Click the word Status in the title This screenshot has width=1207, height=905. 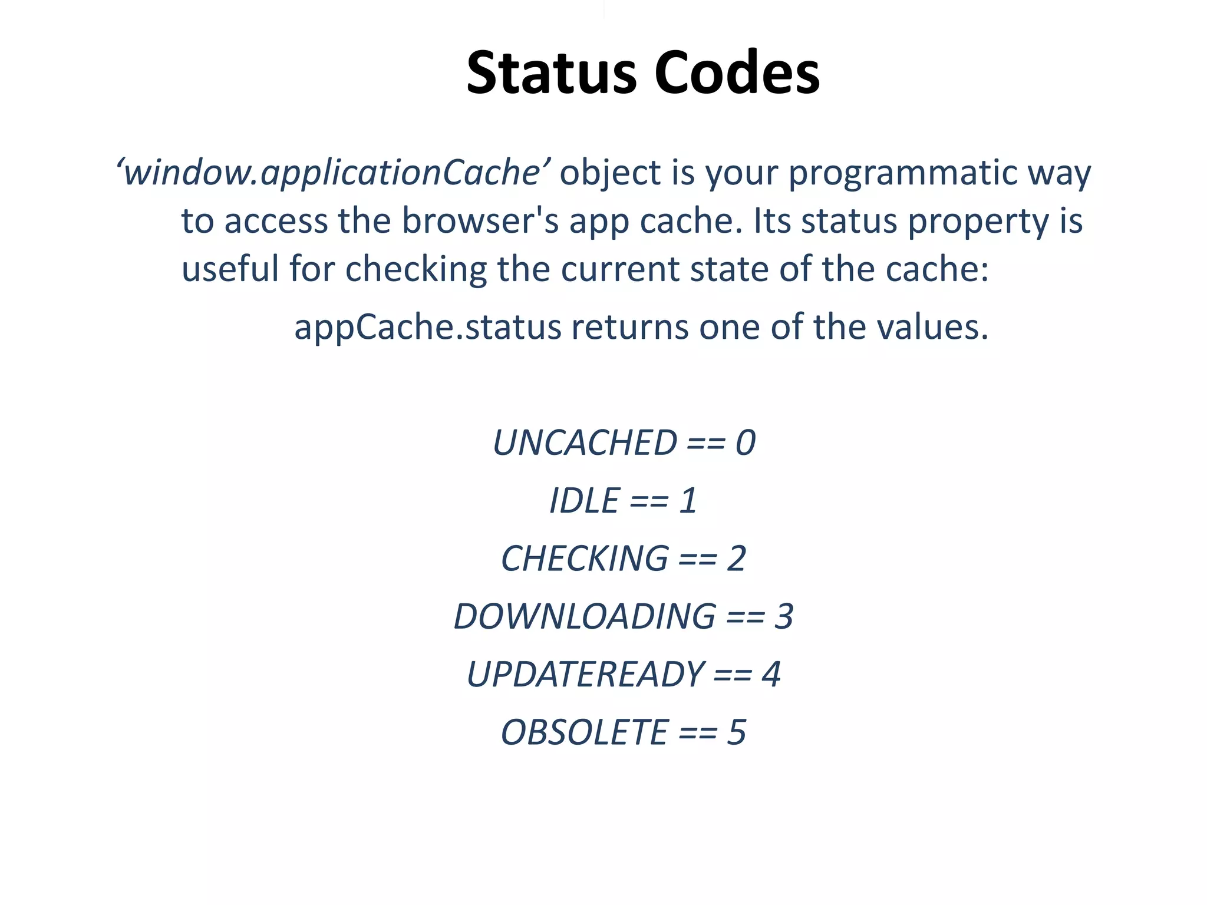(552, 73)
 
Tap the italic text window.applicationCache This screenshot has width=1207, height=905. (334, 173)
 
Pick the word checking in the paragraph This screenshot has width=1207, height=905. (415, 270)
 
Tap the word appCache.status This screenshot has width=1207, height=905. (428, 328)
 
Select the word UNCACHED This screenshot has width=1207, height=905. (585, 443)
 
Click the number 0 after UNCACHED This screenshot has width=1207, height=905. (745, 443)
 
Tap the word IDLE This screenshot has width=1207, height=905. (584, 501)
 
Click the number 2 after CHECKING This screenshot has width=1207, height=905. (736, 559)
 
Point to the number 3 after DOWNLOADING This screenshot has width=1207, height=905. (783, 617)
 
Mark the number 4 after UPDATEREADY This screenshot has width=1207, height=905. (771, 675)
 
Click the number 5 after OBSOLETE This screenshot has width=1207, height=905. (736, 732)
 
